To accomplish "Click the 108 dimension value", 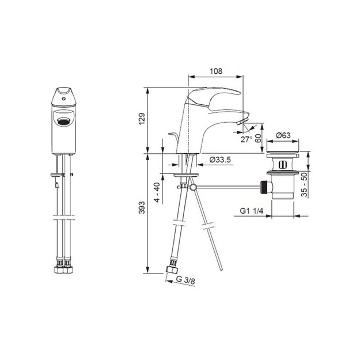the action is [x=216, y=71].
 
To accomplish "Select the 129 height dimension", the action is [x=142, y=119].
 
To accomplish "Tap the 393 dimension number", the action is [x=142, y=207].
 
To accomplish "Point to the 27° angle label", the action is [x=247, y=139].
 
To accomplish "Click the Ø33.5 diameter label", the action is [x=220, y=160].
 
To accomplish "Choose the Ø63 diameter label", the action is [x=283, y=135].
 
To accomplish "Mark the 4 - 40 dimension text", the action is [x=157, y=192].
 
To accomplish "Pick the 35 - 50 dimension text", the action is [x=304, y=184].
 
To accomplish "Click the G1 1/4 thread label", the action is [x=252, y=211].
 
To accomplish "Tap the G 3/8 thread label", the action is [x=185, y=280].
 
